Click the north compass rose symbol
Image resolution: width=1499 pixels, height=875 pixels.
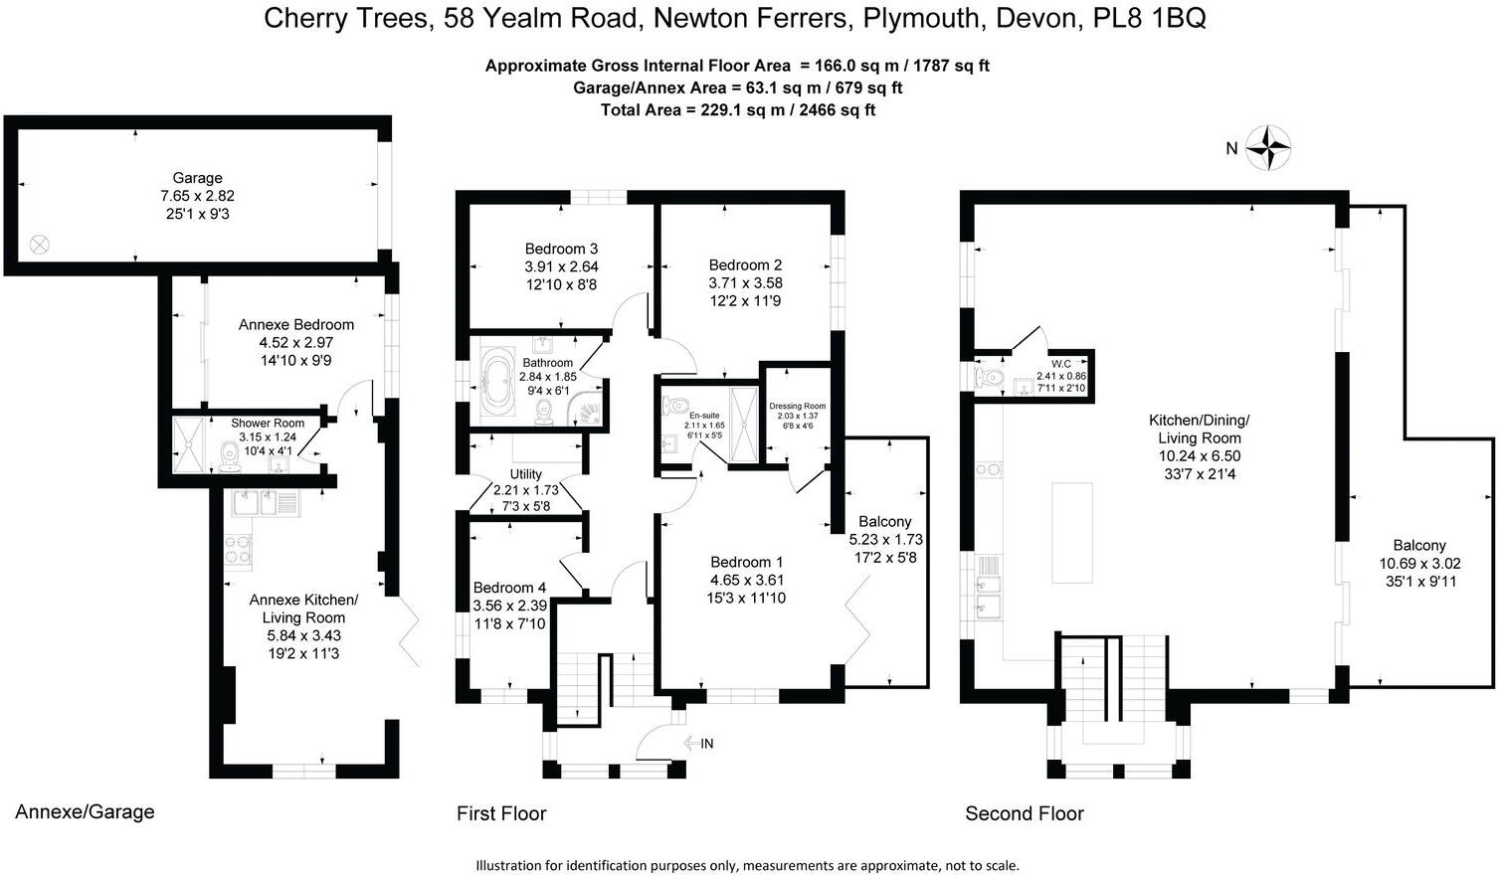(x=1268, y=148)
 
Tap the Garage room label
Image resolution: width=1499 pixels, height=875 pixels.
(x=197, y=178)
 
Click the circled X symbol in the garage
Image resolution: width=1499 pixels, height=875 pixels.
(x=40, y=244)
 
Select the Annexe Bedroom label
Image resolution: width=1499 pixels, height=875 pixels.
(x=295, y=324)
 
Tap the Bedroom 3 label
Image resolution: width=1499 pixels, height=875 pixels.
(x=561, y=249)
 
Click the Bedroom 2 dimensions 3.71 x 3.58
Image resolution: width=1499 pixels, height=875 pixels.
(x=745, y=282)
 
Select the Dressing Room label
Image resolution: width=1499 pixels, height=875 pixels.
(x=797, y=406)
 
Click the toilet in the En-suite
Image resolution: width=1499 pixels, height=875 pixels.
(x=675, y=406)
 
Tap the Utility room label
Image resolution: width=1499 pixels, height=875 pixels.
(x=526, y=474)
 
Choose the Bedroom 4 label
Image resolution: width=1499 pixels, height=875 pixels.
(x=509, y=588)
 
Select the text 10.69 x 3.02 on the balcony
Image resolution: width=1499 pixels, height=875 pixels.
(x=1418, y=563)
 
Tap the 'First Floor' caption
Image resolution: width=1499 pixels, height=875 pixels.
(x=501, y=813)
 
